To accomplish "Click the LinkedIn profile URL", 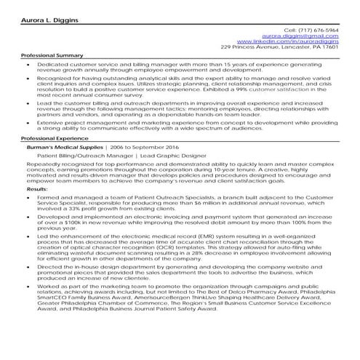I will [297, 41].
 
